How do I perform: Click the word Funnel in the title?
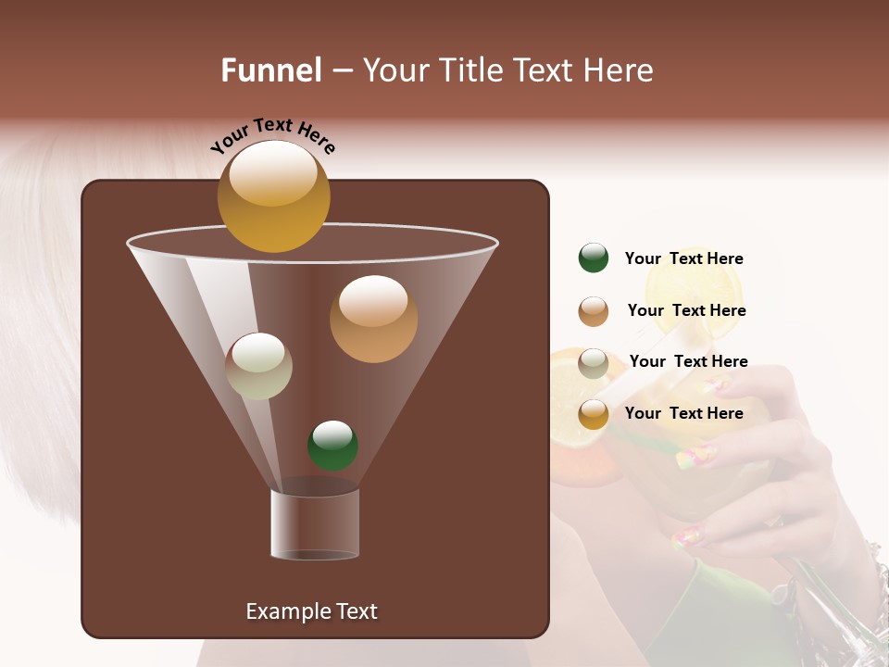[271, 70]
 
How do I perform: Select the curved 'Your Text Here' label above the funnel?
[272, 134]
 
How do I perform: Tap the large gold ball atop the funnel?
[273, 196]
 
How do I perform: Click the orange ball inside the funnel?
[373, 319]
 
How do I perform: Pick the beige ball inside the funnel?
[259, 366]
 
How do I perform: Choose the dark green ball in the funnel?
[332, 446]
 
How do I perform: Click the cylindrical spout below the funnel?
[315, 524]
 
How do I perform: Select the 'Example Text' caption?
[312, 611]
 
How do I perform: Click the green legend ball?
[594, 258]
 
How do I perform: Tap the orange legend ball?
[594, 311]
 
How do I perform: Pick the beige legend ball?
[594, 363]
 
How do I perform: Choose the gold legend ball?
[594, 414]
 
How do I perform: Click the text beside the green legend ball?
[683, 259]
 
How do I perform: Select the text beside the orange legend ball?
[686, 311]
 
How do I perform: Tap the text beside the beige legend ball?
[688, 362]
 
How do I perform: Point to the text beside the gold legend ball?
[683, 414]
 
